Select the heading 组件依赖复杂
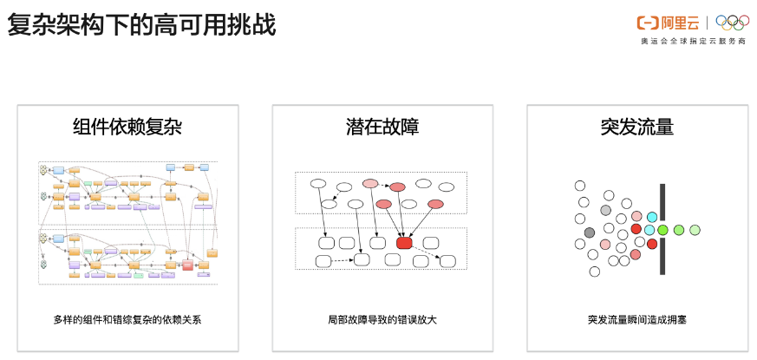pos(127,127)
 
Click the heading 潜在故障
pos(382,127)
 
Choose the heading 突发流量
pos(636,127)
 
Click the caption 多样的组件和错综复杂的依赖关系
pos(127,319)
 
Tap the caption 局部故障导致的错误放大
pos(382,319)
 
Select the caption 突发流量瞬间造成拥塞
pos(636,319)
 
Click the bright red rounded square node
pos(404,243)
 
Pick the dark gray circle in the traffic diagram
pos(590,232)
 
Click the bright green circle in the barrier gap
pos(663,230)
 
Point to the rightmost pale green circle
pos(695,230)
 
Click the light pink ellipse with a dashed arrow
pos(370,183)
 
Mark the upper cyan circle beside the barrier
pos(652,217)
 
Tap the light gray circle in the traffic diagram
pos(606,211)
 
